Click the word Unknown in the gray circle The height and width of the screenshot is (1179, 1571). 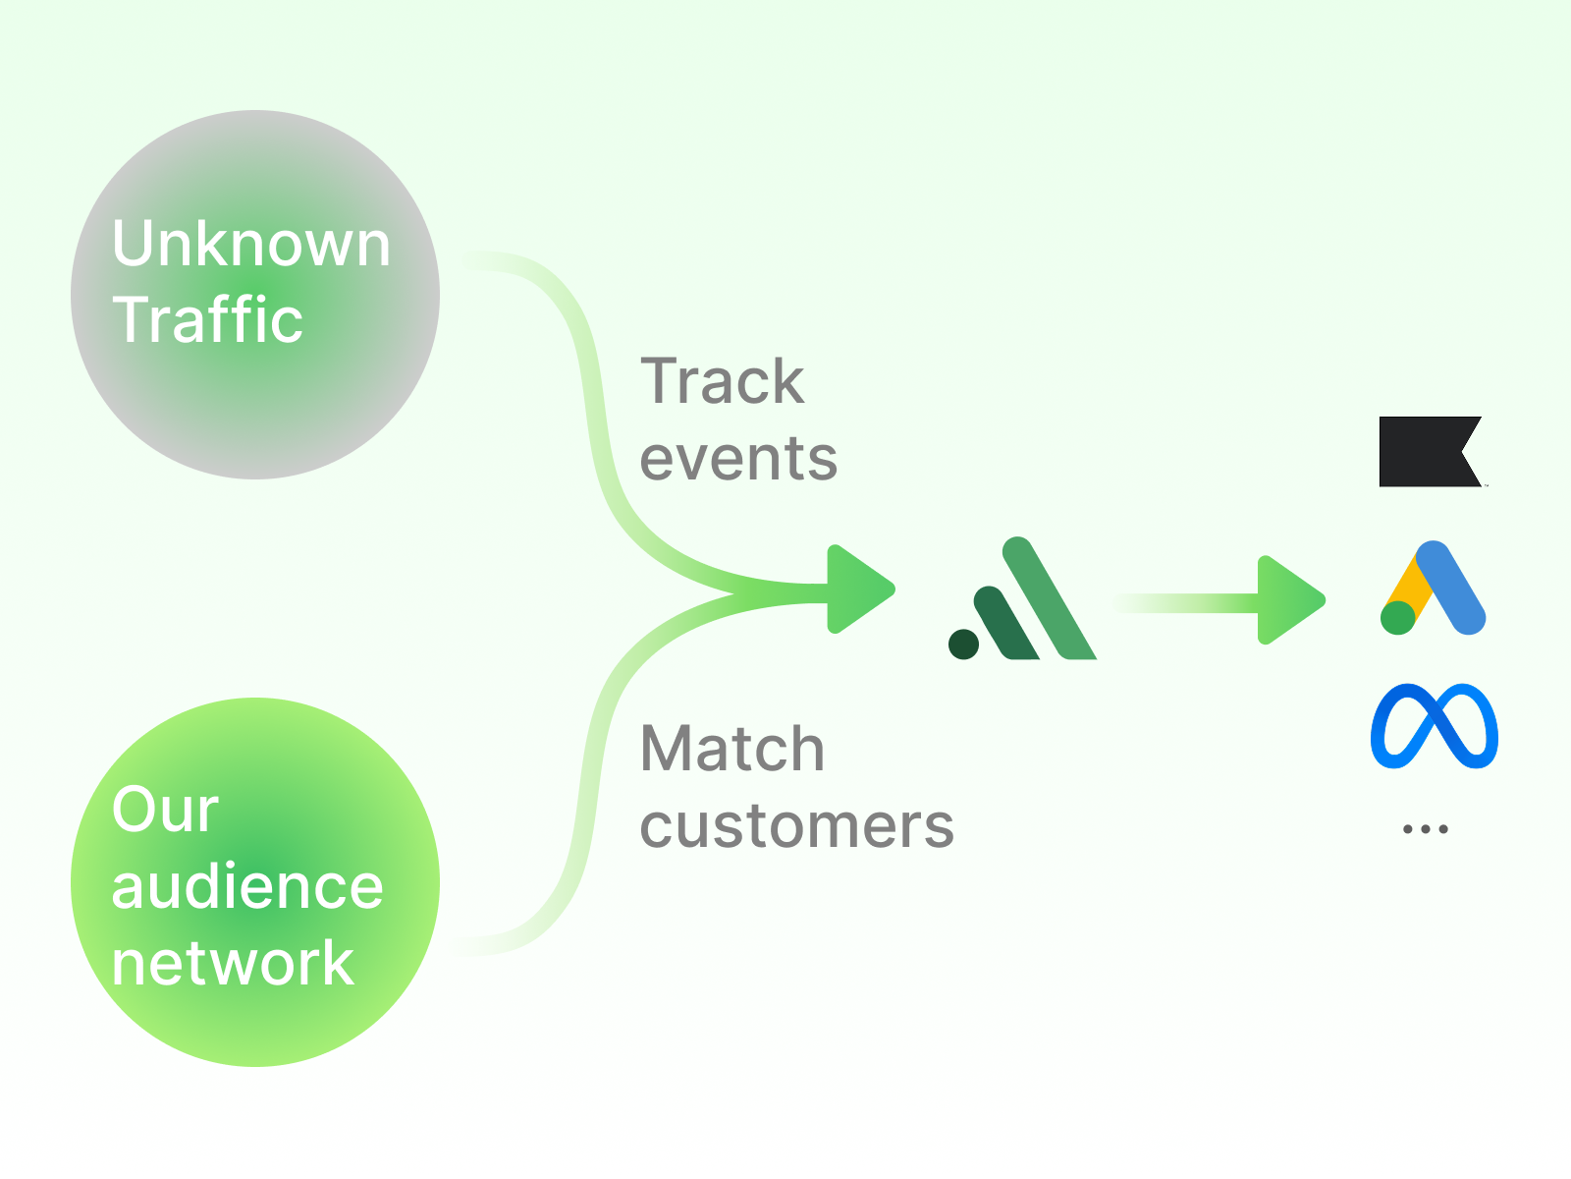tap(251, 244)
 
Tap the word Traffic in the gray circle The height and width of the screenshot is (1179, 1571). tap(208, 319)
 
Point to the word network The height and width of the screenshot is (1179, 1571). tap(233, 963)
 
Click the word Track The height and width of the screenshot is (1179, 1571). tap(722, 381)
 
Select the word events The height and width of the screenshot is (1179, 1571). tap(738, 458)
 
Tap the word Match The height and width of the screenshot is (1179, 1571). tap(731, 749)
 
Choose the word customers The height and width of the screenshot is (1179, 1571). tap(796, 825)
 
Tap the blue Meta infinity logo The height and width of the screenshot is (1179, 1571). tap(1434, 726)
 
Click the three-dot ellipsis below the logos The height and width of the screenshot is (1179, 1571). tap(1426, 829)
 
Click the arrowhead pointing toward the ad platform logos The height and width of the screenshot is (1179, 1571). tap(1288, 599)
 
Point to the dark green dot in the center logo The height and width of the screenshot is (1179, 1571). tap(963, 645)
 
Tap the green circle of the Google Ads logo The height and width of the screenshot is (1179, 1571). tap(1397, 618)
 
